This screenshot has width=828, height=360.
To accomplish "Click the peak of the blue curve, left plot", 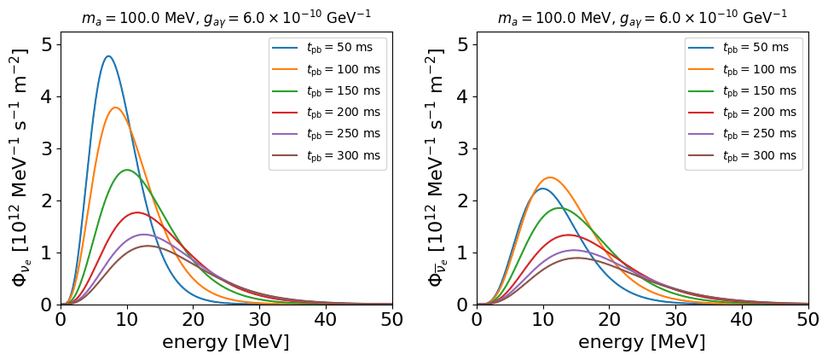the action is (x=109, y=56).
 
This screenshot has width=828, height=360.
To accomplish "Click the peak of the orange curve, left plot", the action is (x=116, y=107).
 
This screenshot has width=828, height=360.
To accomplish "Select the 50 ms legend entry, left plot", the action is (x=322, y=48).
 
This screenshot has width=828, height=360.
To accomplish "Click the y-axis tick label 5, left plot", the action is (x=49, y=45).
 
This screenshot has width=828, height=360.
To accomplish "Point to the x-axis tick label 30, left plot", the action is (x=259, y=319).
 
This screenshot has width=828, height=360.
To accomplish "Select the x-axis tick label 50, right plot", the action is (x=808, y=319).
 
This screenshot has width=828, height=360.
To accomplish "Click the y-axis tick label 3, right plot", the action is (x=466, y=149).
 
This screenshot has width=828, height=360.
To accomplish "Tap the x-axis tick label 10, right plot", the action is (x=543, y=319).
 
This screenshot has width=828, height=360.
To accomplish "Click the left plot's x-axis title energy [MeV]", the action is (x=226, y=342).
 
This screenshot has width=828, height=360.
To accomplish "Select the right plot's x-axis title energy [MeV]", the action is (x=642, y=342).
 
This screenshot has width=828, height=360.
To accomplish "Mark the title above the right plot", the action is (x=643, y=16).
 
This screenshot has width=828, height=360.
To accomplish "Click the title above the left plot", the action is (x=227, y=16).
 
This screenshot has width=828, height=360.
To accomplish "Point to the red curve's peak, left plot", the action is (x=137, y=212).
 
